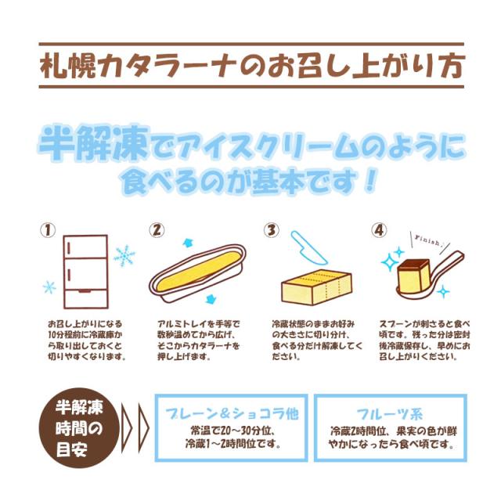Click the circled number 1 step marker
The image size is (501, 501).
point(49,232)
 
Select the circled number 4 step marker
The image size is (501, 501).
point(378,231)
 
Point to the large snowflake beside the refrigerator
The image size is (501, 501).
point(124,255)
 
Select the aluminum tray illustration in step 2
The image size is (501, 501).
point(200,271)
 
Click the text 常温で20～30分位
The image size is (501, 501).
point(224,430)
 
